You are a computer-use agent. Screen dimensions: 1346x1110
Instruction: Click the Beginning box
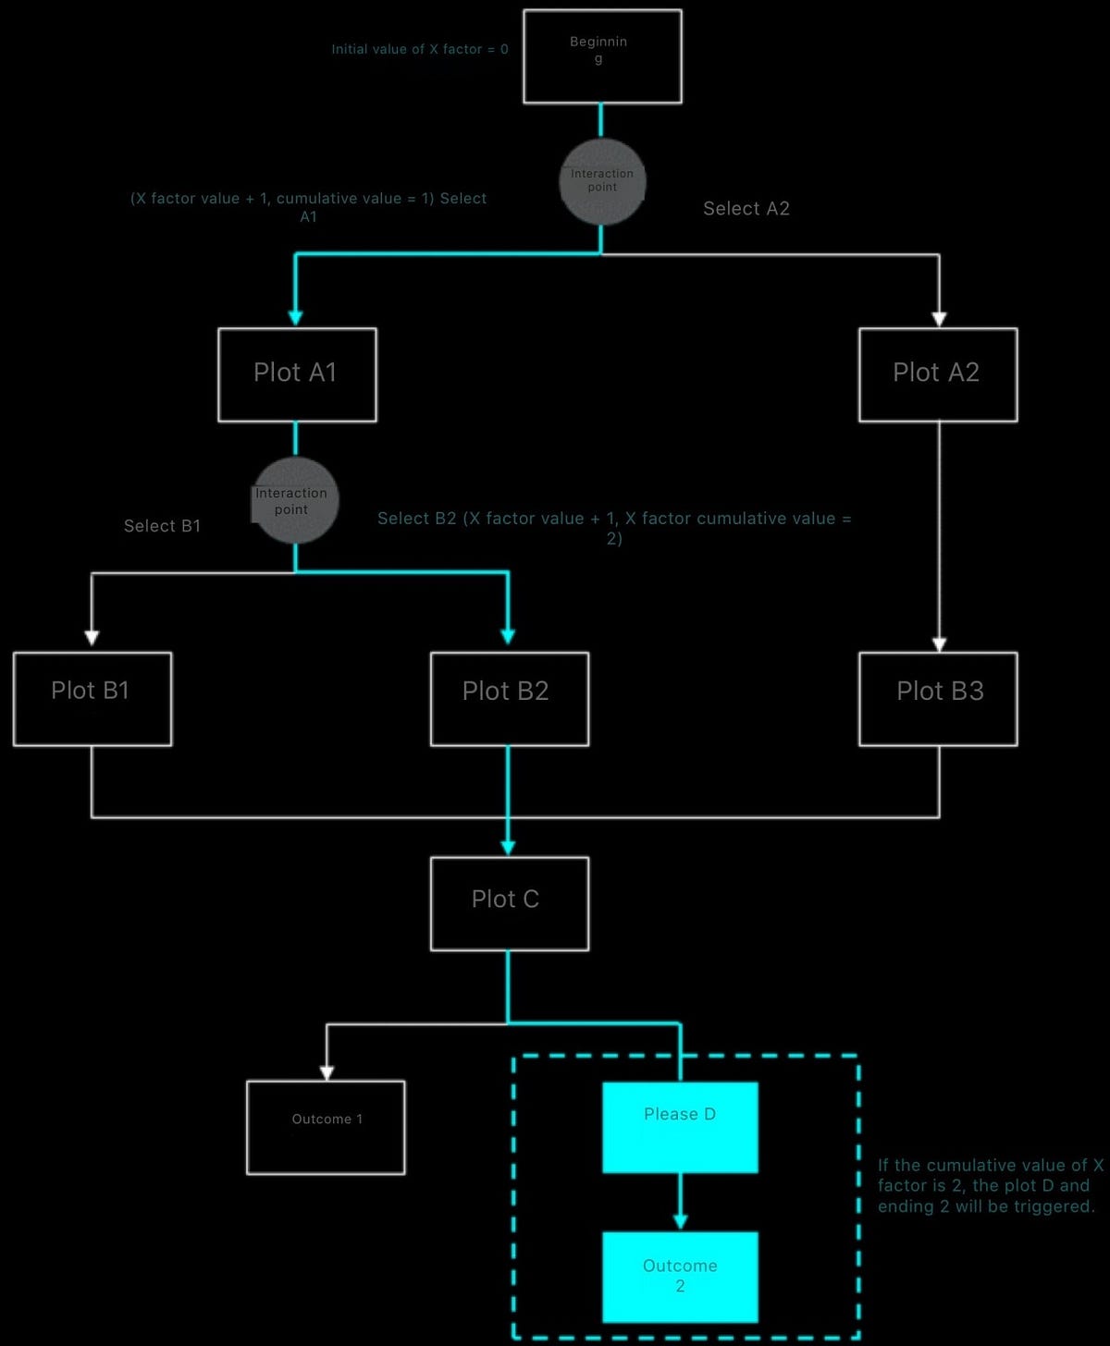point(602,56)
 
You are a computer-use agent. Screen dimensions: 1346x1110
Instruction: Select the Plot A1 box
point(297,374)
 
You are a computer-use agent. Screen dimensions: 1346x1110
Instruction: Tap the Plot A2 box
point(938,374)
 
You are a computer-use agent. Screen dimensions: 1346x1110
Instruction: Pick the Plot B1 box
point(92,699)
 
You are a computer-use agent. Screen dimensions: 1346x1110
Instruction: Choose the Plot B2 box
point(509,699)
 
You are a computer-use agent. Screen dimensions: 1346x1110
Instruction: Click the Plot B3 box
point(938,699)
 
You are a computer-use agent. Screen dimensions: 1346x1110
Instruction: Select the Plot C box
point(509,903)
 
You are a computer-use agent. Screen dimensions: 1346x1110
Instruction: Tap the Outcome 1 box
point(326,1127)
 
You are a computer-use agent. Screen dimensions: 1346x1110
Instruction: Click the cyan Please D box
point(680,1127)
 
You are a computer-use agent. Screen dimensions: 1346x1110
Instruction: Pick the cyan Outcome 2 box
point(680,1277)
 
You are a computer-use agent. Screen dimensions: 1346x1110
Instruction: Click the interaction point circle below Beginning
point(601,182)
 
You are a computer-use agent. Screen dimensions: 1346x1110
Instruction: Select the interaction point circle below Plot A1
point(295,500)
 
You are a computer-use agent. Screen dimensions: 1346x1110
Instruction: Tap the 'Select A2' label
point(746,209)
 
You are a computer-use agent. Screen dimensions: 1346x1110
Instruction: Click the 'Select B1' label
point(162,526)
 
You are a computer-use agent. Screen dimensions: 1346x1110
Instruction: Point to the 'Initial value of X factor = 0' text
point(420,49)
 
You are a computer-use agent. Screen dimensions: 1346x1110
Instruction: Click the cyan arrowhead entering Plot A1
point(295,318)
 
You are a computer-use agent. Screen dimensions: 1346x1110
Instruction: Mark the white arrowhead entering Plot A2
point(939,319)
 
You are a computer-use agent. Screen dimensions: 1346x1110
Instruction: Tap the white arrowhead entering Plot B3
point(939,644)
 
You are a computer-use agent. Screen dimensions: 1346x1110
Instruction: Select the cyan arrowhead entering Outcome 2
point(680,1222)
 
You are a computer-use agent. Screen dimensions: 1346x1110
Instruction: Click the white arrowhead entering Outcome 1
point(327,1072)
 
